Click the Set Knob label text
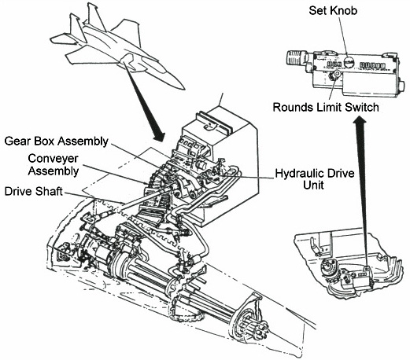[333, 10]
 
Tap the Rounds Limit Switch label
[326, 107]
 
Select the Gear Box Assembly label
[57, 141]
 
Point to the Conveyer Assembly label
[54, 164]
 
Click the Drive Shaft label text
[34, 191]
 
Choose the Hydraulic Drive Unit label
[315, 179]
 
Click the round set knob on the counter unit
[349, 62]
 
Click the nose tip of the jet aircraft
[184, 89]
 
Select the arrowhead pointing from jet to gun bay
[158, 136]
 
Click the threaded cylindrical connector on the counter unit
[297, 57]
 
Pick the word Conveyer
[54, 159]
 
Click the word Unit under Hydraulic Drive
[313, 186]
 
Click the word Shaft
[49, 191]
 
